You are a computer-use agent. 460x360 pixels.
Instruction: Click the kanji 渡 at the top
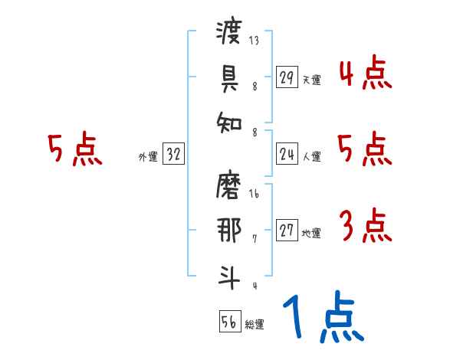pyautogui.click(x=229, y=33)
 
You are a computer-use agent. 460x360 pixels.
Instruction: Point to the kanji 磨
pyautogui.click(x=229, y=186)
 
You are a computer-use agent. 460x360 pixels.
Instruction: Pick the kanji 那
pyautogui.click(x=229, y=231)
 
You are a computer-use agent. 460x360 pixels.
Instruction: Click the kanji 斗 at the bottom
pyautogui.click(x=229, y=275)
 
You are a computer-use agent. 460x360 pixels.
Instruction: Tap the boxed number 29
pyautogui.click(x=287, y=77)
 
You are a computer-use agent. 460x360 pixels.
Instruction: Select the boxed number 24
pyautogui.click(x=287, y=155)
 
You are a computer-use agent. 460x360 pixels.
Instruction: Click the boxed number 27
pyautogui.click(x=287, y=231)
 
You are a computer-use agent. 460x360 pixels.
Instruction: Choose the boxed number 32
pyautogui.click(x=173, y=155)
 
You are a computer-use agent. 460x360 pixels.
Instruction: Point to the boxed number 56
pyautogui.click(x=229, y=322)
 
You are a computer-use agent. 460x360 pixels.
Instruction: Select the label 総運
pyautogui.click(x=255, y=325)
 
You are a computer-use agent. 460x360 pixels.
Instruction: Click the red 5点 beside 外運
pyautogui.click(x=74, y=149)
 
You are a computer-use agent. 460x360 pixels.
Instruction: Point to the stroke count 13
pyautogui.click(x=254, y=41)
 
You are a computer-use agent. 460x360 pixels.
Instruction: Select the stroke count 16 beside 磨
pyautogui.click(x=254, y=195)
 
